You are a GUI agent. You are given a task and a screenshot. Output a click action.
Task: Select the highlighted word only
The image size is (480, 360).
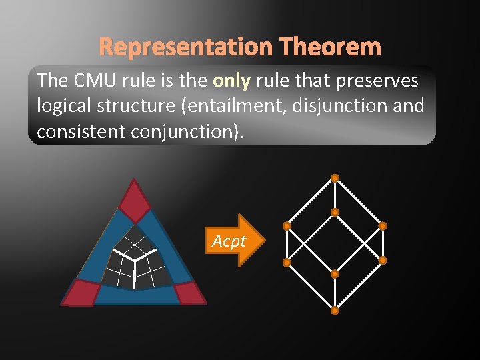click(x=231, y=81)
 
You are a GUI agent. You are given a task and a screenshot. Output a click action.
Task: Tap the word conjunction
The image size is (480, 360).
click(x=189, y=131)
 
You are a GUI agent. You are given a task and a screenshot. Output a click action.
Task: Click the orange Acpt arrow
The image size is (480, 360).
click(x=231, y=241)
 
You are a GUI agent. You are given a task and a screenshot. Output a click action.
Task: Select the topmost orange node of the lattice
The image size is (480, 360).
click(x=335, y=178)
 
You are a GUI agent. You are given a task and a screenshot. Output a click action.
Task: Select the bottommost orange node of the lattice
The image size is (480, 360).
click(x=335, y=311)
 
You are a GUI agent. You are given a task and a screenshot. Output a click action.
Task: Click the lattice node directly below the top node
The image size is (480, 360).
click(x=335, y=213)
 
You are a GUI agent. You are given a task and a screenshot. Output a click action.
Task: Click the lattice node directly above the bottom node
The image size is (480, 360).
click(x=335, y=274)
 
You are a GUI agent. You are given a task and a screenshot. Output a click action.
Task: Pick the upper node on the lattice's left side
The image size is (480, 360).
click(x=286, y=226)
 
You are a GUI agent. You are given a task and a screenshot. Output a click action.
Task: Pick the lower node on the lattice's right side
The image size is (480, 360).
click(x=383, y=260)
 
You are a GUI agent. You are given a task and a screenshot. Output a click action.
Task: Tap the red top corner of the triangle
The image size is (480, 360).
click(x=135, y=202)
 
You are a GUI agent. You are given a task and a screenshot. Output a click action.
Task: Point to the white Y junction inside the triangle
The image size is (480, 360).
click(x=134, y=259)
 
